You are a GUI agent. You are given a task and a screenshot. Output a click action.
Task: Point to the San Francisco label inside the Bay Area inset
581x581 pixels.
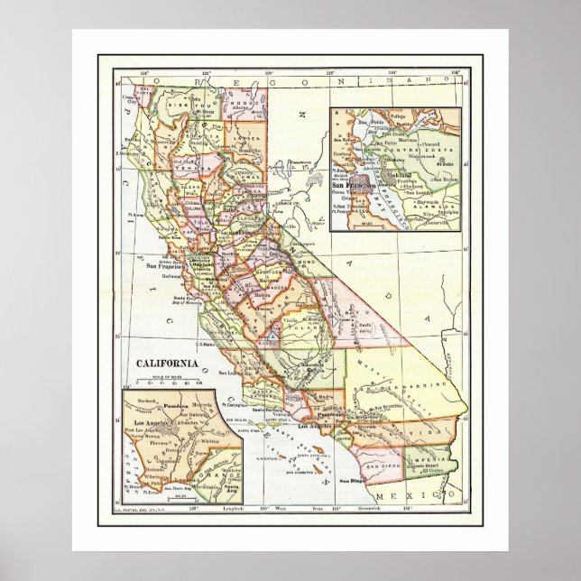click(x=356, y=184)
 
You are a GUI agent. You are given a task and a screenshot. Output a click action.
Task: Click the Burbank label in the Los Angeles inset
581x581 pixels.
click(x=138, y=398)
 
